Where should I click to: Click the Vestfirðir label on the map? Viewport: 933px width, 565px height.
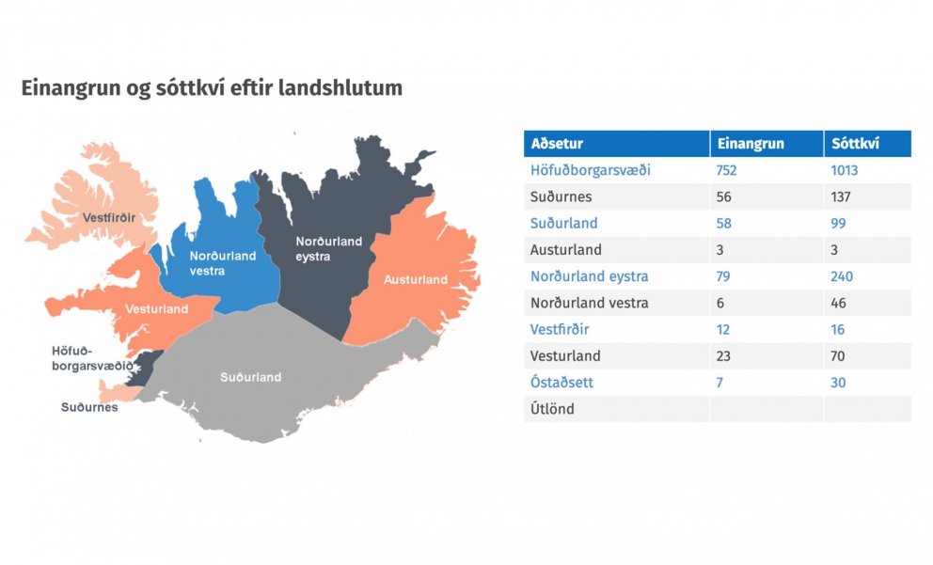[109, 218]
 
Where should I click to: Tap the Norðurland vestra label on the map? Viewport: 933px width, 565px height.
[223, 263]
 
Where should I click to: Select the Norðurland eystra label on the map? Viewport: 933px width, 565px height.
[328, 248]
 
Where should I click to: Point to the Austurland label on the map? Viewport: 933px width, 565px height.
[416, 279]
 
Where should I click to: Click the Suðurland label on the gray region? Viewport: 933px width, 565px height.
[250, 377]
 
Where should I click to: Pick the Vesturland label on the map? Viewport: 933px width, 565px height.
[156, 309]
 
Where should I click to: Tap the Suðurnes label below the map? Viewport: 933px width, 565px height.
[89, 407]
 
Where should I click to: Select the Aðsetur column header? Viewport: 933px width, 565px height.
[557, 143]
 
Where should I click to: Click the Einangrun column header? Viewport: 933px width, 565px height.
[751, 143]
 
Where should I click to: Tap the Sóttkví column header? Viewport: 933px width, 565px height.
[855, 143]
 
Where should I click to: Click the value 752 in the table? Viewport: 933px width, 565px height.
[726, 170]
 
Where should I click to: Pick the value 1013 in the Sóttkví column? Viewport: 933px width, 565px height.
[845, 170]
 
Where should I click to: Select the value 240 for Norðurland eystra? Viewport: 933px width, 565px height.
[842, 276]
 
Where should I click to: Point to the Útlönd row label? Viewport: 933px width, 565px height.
[552, 409]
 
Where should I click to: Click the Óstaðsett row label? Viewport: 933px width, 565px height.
[561, 383]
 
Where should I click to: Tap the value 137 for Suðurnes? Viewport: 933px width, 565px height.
[841, 196]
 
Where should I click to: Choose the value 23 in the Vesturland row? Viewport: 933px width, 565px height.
[723, 356]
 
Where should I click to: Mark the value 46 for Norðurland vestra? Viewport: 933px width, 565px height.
[838, 304]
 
